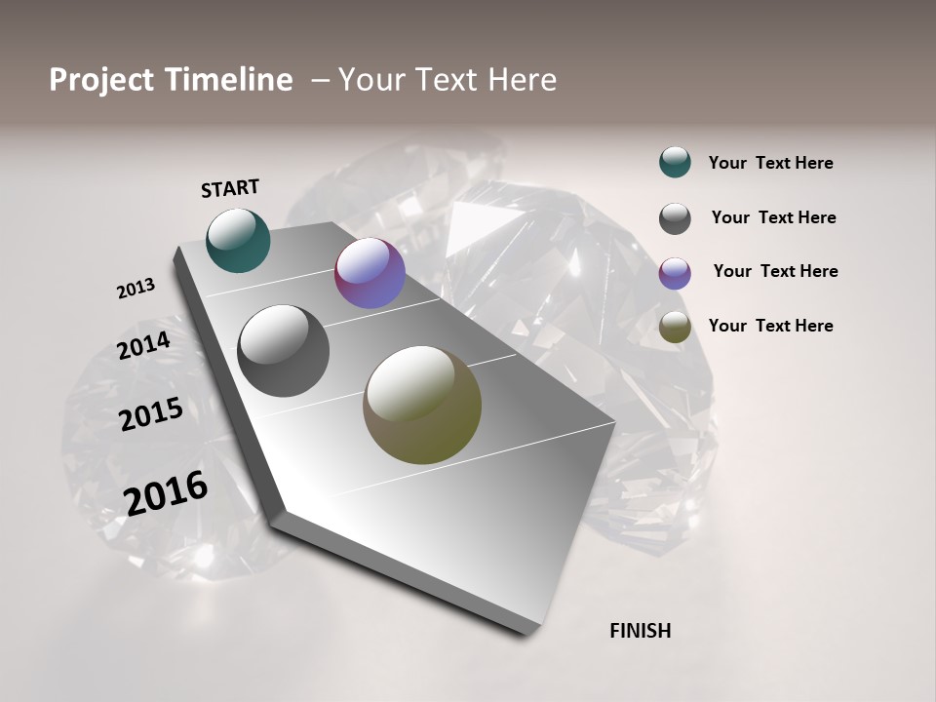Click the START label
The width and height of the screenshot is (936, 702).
pyautogui.click(x=230, y=188)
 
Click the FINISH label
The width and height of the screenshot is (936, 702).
pyautogui.click(x=640, y=631)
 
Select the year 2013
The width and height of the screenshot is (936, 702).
pyautogui.click(x=136, y=289)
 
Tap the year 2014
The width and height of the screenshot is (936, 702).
pyautogui.click(x=143, y=345)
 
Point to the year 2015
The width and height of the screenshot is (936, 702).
pyautogui.click(x=151, y=414)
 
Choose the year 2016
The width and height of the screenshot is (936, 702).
pyautogui.click(x=166, y=492)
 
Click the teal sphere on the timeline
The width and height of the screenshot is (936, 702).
pyautogui.click(x=239, y=240)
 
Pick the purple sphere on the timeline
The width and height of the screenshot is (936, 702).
pyautogui.click(x=370, y=273)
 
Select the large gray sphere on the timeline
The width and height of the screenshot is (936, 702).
pyautogui.click(x=284, y=351)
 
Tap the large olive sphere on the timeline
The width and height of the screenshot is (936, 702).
pyautogui.click(x=422, y=405)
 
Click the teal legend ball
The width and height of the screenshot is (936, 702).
pyautogui.click(x=675, y=162)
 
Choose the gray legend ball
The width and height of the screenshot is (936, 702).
pyautogui.click(x=675, y=218)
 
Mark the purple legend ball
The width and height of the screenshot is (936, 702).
pyautogui.click(x=675, y=273)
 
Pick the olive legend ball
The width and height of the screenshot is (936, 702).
pyautogui.click(x=675, y=328)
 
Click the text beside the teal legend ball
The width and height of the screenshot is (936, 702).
pyautogui.click(x=770, y=163)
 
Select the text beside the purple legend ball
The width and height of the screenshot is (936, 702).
pyautogui.click(x=775, y=271)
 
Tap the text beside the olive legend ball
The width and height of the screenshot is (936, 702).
pyautogui.click(x=770, y=326)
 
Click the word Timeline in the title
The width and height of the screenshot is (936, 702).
pyautogui.click(x=228, y=80)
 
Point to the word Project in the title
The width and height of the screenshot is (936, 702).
pyautogui.click(x=101, y=80)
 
